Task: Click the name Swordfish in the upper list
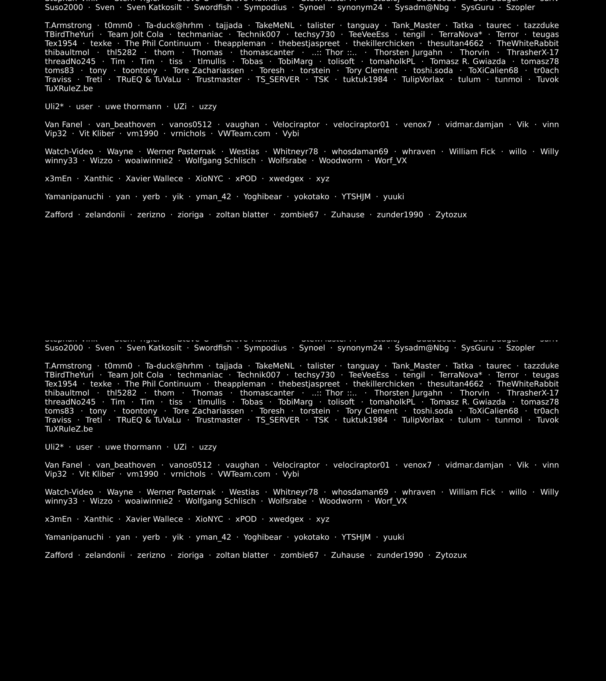tap(213, 7)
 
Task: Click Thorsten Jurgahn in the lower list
tap(408, 393)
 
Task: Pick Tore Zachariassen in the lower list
tap(208, 411)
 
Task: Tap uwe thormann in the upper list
tap(133, 107)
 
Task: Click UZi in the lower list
tap(180, 447)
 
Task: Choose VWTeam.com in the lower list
tap(244, 474)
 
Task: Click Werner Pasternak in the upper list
tap(181, 152)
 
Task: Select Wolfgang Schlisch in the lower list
tap(220, 501)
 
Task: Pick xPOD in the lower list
tap(246, 519)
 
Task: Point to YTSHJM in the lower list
tap(356, 537)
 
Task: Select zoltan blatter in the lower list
tap(242, 555)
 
